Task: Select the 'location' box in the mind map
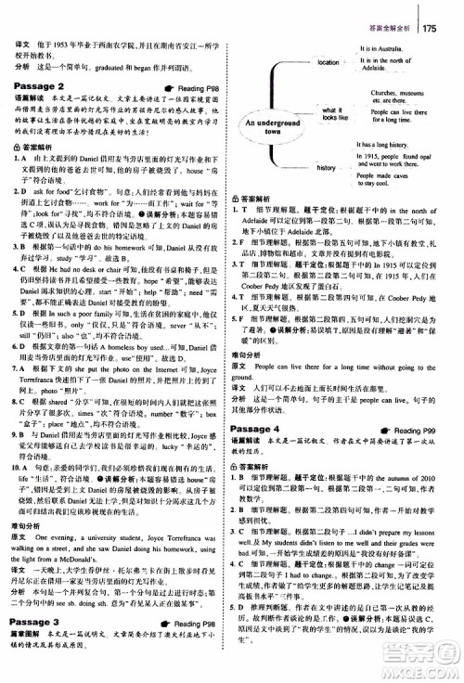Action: pyautogui.click(x=329, y=62)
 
